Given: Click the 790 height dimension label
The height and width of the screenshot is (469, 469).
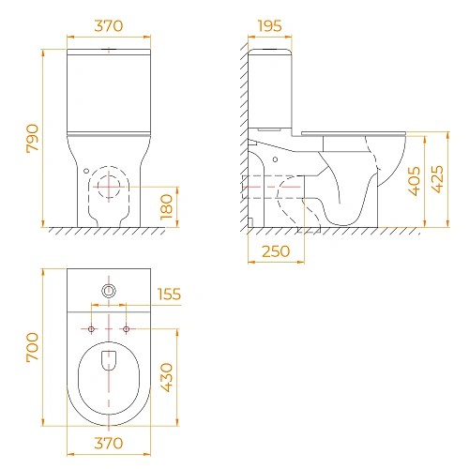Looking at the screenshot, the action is point(33,139).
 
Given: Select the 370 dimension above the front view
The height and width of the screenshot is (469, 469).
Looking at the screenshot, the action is point(109,26).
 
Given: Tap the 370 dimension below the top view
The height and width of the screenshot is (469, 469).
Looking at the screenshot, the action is point(109,443).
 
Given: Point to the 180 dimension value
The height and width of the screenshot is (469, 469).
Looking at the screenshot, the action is point(166,207).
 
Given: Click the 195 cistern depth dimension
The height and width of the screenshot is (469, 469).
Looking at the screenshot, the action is point(270,26).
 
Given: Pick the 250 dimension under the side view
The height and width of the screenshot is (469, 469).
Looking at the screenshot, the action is point(276,251).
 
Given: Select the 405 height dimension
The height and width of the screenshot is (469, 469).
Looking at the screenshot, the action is point(415,181).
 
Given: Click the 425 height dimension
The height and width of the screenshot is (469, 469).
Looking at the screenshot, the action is point(437,179).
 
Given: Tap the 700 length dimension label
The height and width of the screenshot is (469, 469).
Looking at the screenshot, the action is point(33,347).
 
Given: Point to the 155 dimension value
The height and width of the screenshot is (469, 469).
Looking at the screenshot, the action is point(169,295).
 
